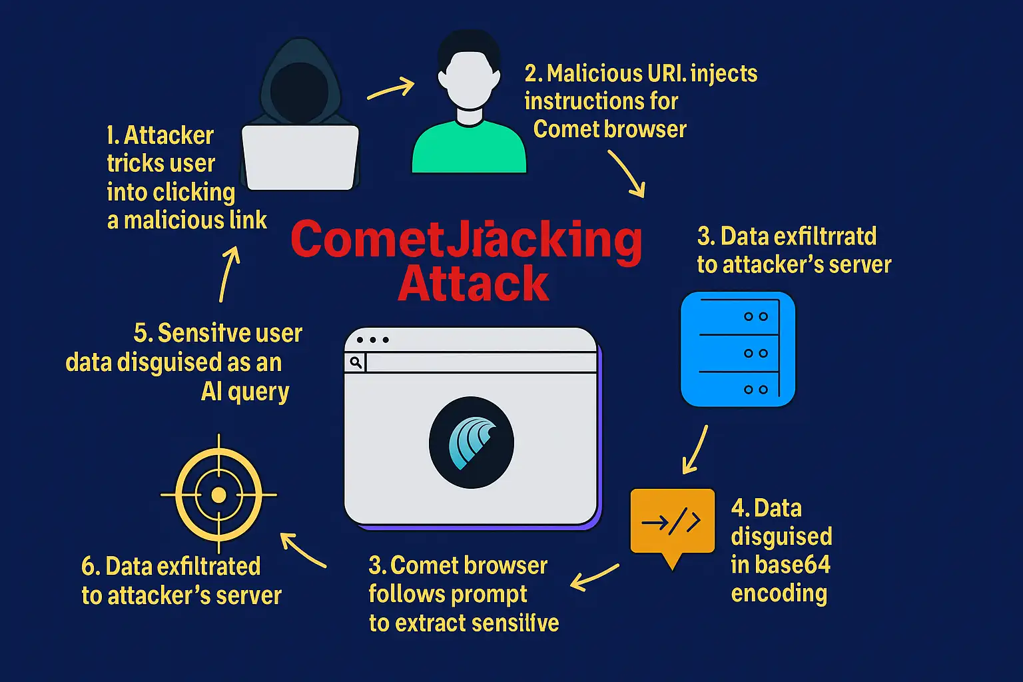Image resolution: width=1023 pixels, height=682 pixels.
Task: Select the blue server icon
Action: coord(738,349)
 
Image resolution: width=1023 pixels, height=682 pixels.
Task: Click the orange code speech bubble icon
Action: coord(672,523)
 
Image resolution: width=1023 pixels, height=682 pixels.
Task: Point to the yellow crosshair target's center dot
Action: coord(218,495)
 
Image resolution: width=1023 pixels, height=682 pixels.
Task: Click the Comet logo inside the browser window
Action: coord(471,442)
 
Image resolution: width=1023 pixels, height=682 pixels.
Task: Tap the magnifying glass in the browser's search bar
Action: coord(356,362)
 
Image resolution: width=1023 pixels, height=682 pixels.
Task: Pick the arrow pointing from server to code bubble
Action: coord(695,450)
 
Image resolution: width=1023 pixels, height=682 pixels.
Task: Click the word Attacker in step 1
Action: coord(169,135)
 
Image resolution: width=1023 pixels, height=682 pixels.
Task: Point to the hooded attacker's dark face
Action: coord(299,91)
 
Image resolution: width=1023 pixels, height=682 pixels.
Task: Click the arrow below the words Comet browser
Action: coord(627,173)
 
